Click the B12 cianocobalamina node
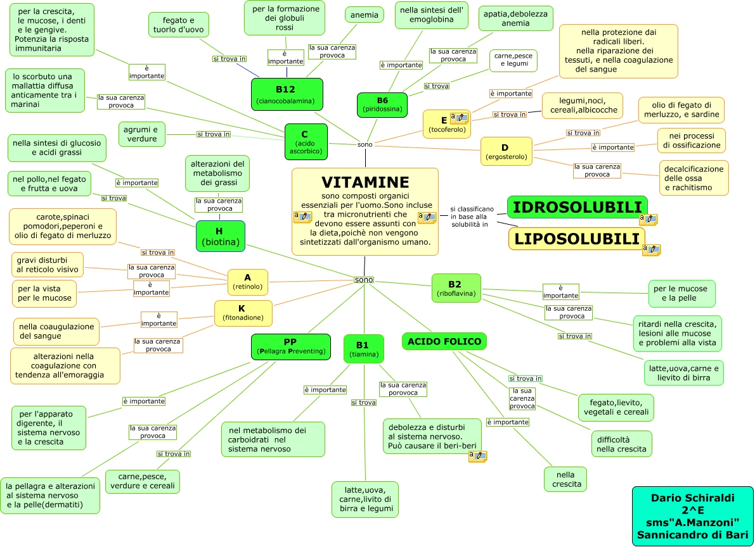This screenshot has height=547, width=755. tap(287, 94)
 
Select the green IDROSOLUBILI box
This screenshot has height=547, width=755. tap(577, 207)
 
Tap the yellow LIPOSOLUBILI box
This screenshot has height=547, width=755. tap(577, 239)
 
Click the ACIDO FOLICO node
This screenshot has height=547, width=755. tap(444, 341)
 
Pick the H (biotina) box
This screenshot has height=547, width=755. tap(220, 236)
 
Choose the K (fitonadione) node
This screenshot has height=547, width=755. tap(241, 312)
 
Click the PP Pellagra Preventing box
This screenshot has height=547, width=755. tap(290, 346)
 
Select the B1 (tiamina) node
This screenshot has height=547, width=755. tap(363, 349)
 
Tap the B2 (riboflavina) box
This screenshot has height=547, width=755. tap(456, 288)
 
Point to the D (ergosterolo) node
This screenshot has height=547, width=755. tap(506, 151)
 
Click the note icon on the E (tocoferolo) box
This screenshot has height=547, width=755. tap(459, 118)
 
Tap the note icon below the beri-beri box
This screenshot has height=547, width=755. tap(477, 456)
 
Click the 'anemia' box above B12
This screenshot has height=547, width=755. tap(364, 15)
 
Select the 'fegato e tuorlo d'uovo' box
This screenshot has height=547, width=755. tap(178, 25)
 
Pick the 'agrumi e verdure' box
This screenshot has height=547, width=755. tap(141, 134)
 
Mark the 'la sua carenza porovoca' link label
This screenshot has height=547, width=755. tap(403, 389)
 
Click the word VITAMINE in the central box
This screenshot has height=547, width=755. tap(365, 182)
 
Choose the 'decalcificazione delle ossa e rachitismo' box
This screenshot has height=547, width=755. tap(694, 178)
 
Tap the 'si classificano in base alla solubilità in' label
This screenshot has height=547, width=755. tap(472, 217)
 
